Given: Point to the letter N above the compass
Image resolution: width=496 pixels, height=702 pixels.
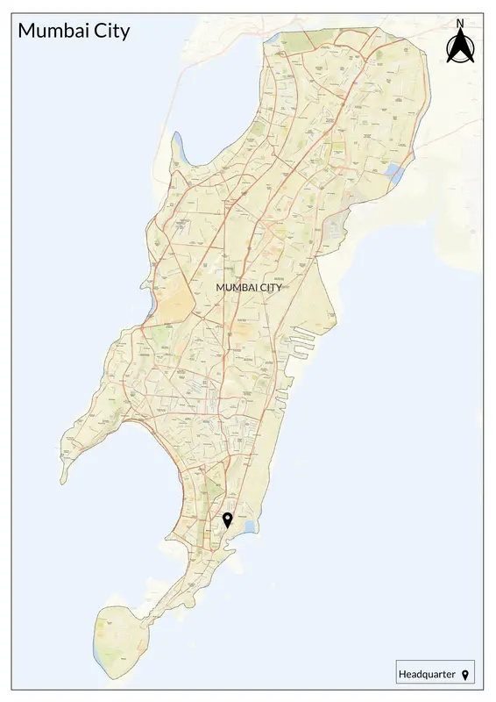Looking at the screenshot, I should point(459,24).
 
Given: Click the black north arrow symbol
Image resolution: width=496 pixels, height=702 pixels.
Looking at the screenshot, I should point(459,47).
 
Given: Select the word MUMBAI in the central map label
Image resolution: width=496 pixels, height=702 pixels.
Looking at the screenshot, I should point(236,287).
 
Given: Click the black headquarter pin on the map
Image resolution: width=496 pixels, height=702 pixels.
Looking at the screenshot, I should point(228,519).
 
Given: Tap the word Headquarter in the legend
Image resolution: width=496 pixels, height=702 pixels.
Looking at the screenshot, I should point(428,674).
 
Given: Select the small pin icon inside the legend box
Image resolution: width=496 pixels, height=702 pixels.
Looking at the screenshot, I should point(465,674).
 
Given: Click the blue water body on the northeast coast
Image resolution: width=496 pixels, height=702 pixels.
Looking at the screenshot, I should point(395,174).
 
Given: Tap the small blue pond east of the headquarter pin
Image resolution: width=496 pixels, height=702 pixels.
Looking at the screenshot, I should point(250,526).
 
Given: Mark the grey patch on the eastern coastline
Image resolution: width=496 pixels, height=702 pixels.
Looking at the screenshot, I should point(335,230).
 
